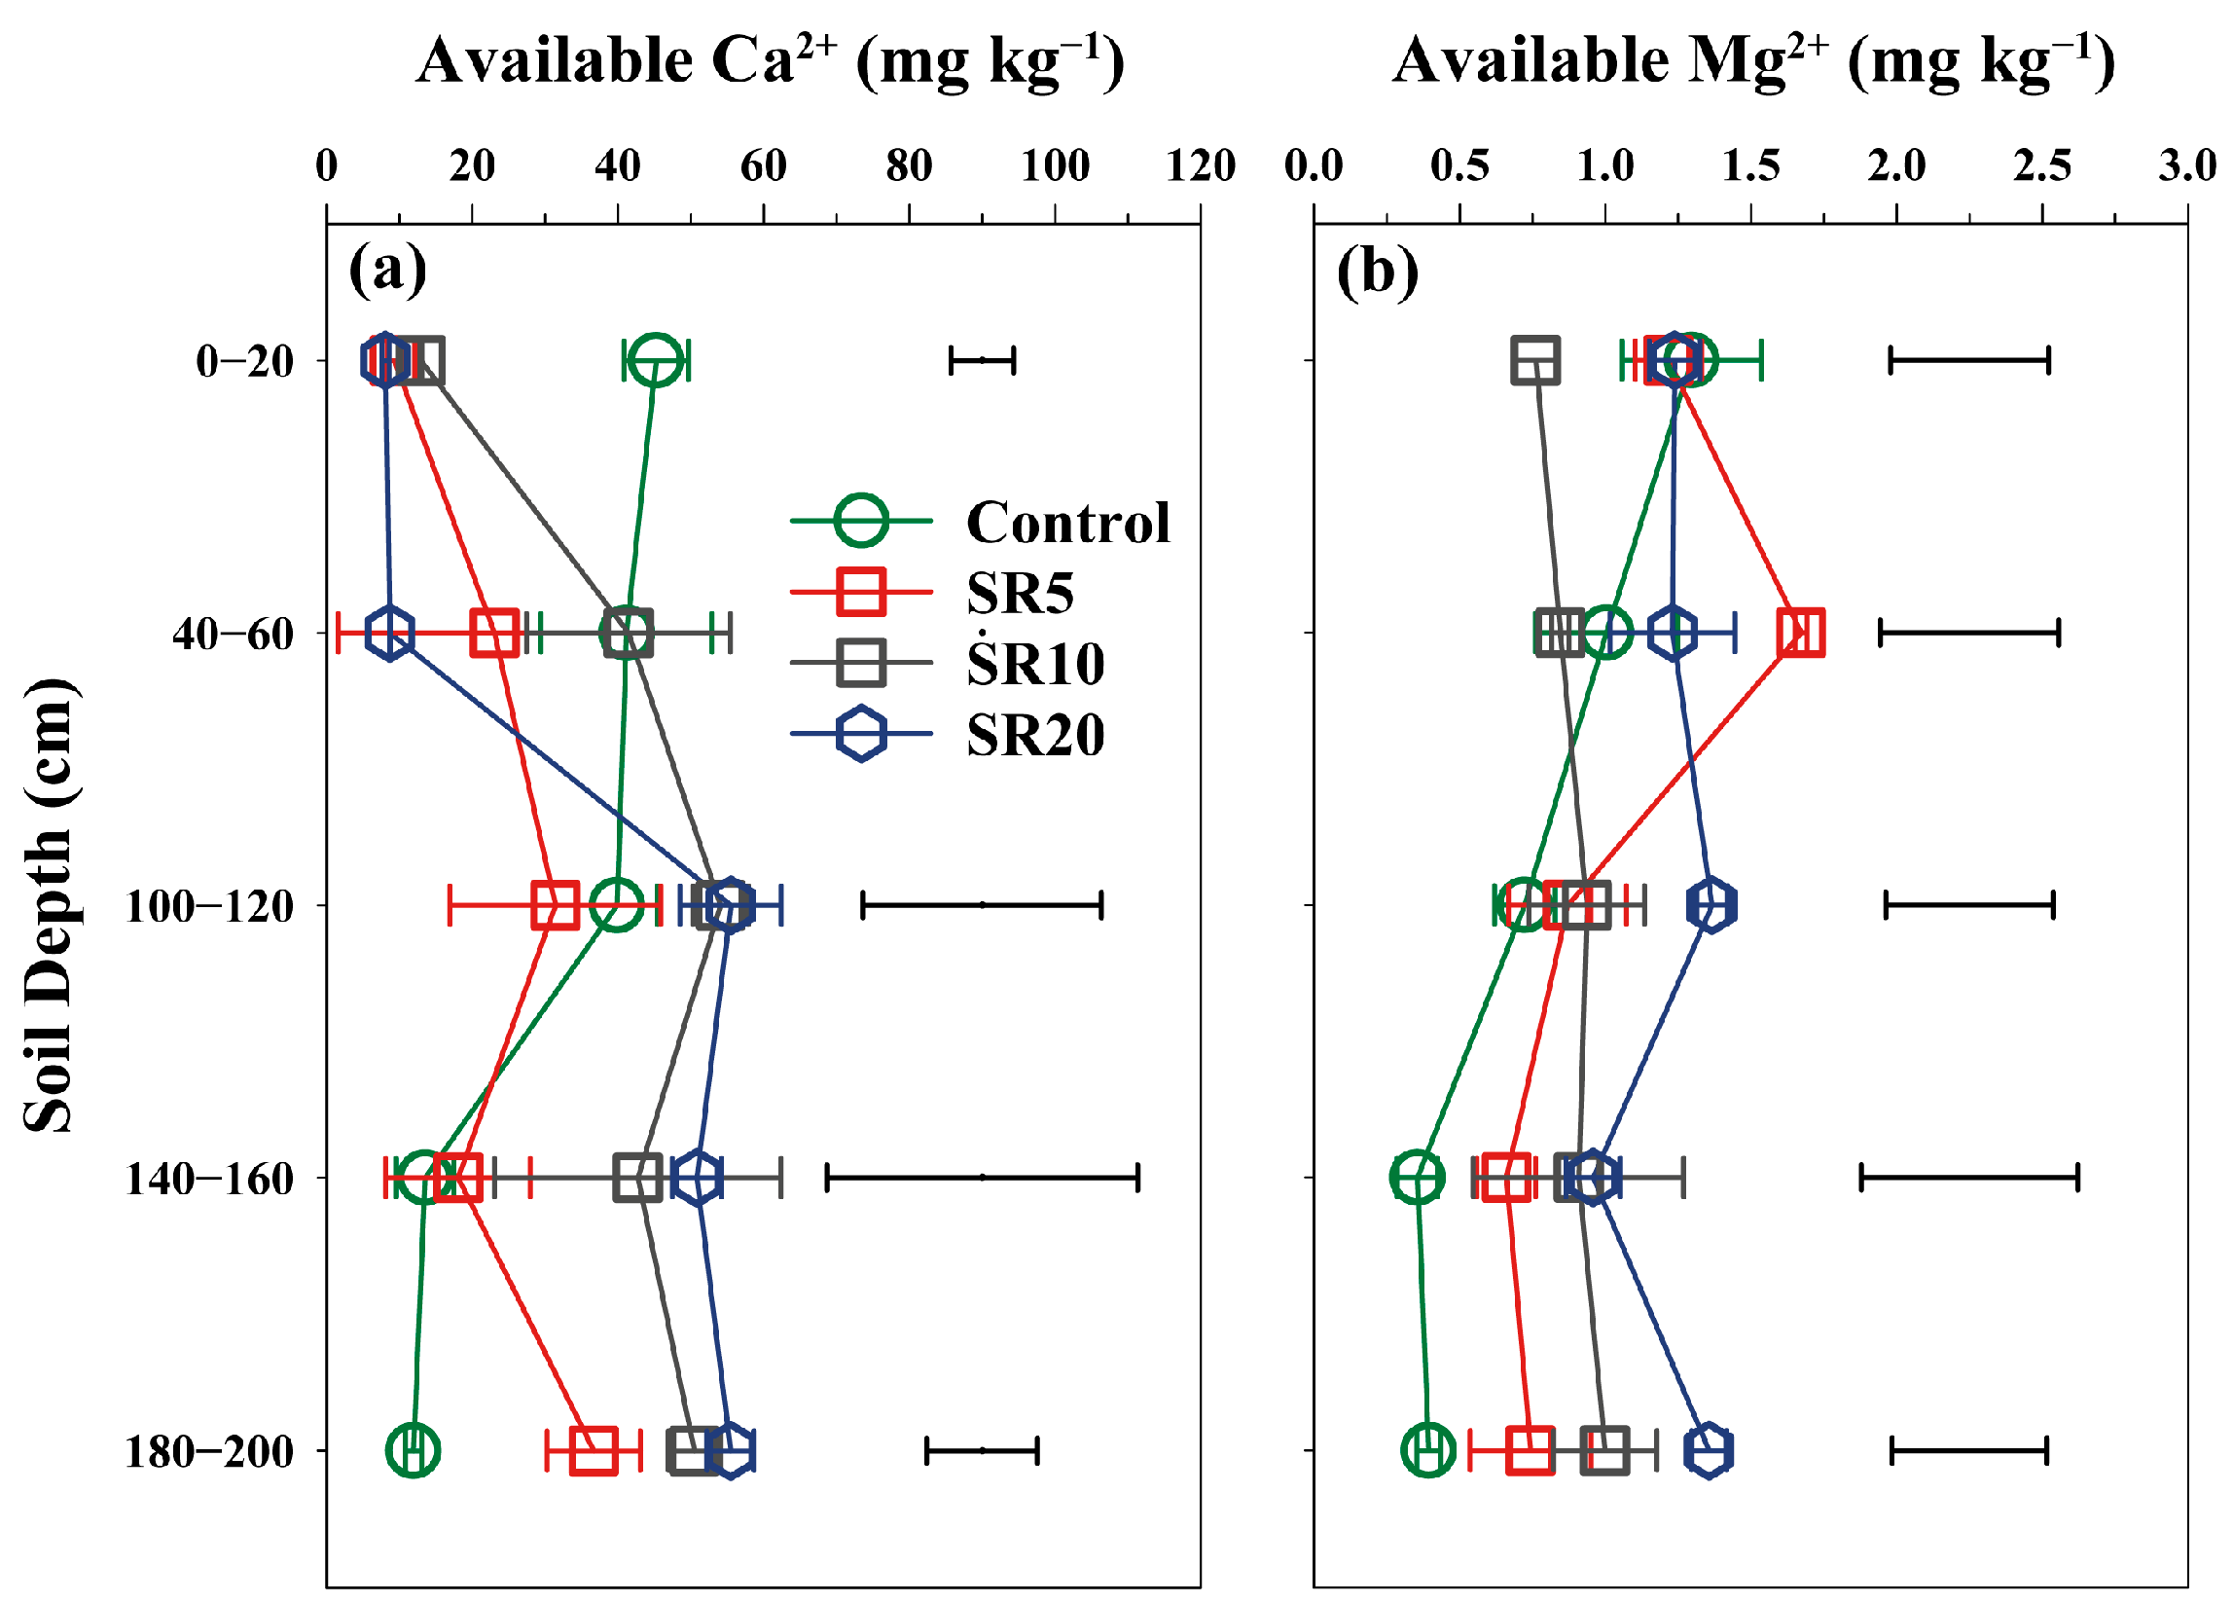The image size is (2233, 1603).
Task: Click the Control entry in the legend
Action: coord(1067,522)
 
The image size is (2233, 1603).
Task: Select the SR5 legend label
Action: coord(1020,593)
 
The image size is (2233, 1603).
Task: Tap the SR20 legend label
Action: coord(1036,735)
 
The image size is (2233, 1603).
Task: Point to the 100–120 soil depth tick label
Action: coord(210,906)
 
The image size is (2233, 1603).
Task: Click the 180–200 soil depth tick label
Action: coord(210,1451)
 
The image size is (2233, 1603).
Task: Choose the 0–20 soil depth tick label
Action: coord(245,361)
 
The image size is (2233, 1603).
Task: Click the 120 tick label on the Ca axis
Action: coord(1201,165)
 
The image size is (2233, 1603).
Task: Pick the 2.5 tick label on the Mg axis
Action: coord(2042,165)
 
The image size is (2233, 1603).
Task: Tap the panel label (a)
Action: coord(388,269)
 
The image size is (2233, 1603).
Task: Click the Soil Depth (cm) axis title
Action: coord(50,906)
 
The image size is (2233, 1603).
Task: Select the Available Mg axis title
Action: coord(1753,61)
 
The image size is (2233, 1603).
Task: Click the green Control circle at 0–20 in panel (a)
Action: coord(657,361)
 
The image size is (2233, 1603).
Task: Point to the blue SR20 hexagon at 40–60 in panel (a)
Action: coord(390,634)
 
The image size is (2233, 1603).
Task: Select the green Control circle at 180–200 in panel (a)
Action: coord(414,1449)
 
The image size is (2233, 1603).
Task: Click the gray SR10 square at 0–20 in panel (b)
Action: coord(1535,361)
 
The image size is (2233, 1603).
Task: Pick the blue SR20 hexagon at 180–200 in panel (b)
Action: coord(1709,1450)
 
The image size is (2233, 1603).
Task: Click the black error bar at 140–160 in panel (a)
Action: coord(982,1177)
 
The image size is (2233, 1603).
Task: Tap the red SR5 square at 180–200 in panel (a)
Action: coord(594,1450)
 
